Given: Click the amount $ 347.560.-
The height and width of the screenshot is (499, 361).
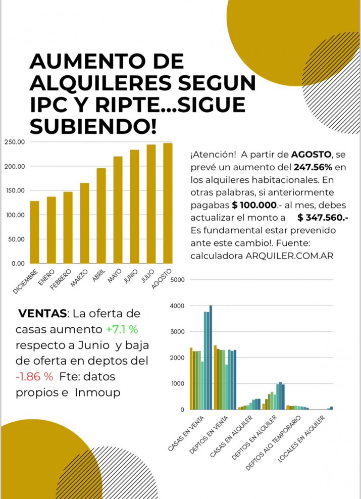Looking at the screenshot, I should point(323,218).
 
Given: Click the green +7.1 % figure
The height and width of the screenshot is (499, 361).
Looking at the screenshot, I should point(122,329).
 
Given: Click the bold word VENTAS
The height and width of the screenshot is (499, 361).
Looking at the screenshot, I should point(42,314).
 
